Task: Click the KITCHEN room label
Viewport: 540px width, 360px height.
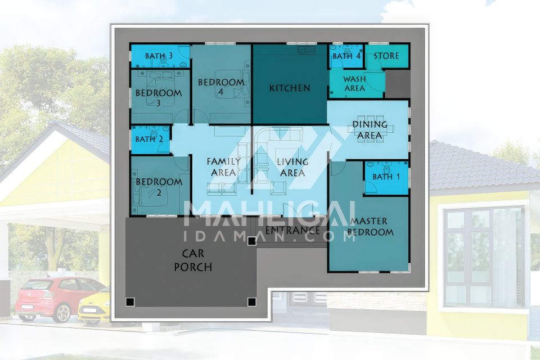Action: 290,88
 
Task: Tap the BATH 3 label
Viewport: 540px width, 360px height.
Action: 159,56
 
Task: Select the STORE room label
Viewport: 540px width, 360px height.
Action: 386,56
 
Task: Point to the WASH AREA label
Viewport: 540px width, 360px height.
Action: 354,84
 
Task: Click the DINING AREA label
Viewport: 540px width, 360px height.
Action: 370,130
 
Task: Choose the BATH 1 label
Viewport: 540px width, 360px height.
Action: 386,177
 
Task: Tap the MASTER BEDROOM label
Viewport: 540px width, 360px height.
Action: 370,226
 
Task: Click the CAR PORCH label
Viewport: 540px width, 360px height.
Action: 193,260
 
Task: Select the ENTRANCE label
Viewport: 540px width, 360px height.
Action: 292,229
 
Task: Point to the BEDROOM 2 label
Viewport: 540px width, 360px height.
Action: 159,186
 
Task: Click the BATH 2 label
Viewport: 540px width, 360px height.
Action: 149,139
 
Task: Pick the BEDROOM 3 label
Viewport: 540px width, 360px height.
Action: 159,97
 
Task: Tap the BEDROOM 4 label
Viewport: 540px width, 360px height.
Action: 221,87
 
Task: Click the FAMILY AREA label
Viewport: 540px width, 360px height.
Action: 223,166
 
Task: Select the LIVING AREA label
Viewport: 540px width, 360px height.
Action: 292,166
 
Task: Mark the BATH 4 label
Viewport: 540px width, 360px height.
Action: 347,56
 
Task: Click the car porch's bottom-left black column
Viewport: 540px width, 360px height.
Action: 130,302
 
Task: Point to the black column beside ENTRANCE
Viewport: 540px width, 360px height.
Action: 252,241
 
